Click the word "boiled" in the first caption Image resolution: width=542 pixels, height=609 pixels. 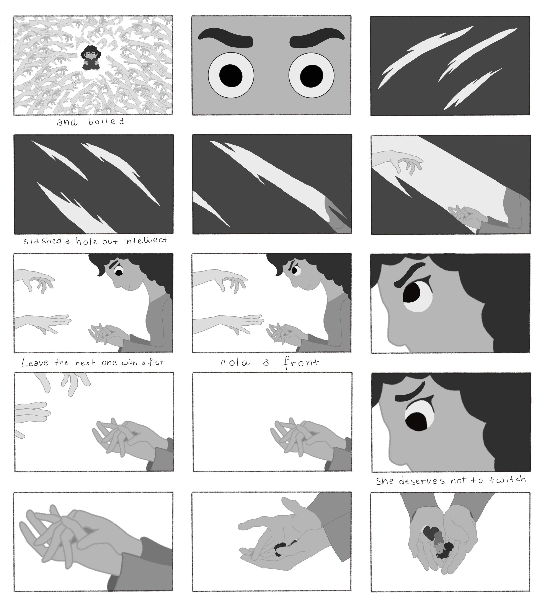click(x=106, y=122)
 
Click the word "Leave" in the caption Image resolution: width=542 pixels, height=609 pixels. click(x=35, y=362)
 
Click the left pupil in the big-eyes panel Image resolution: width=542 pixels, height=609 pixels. click(x=231, y=75)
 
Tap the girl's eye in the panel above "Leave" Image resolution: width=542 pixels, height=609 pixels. click(x=119, y=271)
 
